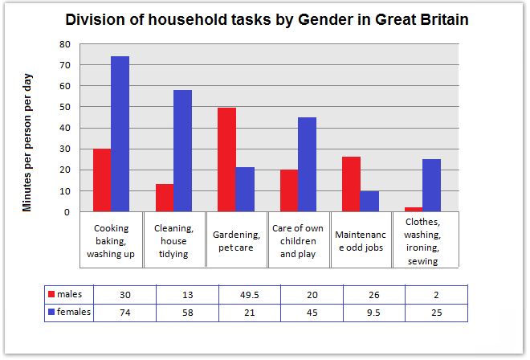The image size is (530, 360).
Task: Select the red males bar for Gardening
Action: pos(226,160)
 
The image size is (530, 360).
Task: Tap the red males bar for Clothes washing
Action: pos(414,210)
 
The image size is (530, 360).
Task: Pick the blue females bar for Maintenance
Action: pos(369,202)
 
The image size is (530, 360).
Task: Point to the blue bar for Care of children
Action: pos(307,165)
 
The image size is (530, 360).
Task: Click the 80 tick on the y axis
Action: pos(65,44)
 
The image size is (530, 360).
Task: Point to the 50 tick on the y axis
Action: pos(65,107)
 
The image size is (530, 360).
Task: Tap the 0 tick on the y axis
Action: pos(67,212)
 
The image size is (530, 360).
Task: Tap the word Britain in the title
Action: pos(436,19)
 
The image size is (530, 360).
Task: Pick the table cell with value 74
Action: pos(124,312)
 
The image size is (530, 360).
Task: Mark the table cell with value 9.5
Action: pos(373,312)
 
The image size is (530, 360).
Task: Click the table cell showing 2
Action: pos(435,294)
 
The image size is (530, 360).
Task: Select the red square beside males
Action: pos(54,294)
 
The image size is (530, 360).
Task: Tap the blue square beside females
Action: pos(54,312)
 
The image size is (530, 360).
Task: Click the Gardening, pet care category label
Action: pos(237,240)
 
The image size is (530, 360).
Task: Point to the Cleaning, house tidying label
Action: pos(174,240)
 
